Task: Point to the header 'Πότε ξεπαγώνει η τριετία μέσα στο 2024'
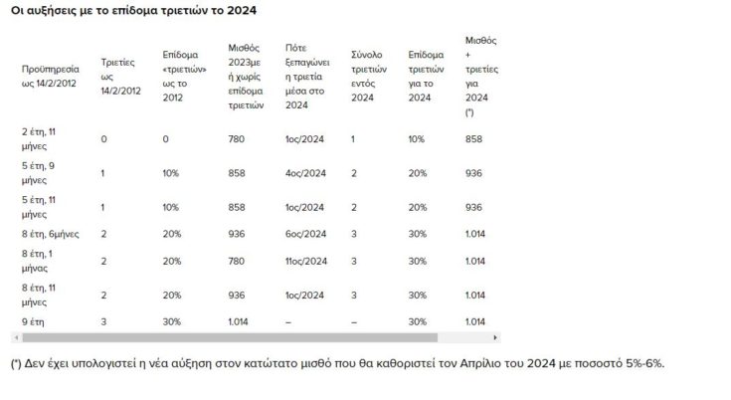306,75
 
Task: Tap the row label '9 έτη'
34,320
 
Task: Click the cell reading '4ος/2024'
305,173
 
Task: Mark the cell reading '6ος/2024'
305,235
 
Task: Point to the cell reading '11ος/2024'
306,261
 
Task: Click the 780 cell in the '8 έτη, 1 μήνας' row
237,261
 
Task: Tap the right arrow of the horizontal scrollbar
496,337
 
